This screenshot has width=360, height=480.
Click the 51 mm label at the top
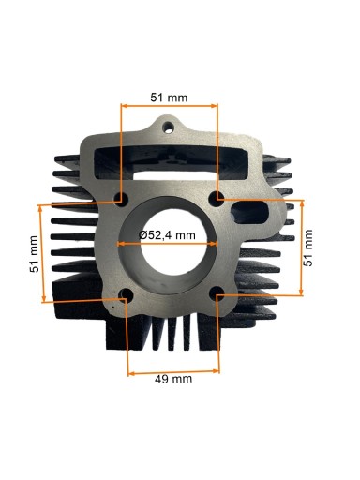(169, 97)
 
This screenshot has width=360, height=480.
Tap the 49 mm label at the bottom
(173, 379)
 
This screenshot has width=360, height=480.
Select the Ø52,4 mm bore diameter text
(167, 235)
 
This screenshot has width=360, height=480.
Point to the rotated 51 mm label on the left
(35, 254)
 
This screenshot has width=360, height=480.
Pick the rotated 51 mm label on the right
(308, 247)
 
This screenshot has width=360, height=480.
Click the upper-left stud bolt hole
(121, 199)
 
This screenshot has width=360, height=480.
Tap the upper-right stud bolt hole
(216, 199)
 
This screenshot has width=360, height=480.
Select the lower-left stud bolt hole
(126, 295)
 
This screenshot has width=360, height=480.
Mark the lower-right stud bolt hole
(217, 293)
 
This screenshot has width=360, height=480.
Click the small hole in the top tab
(169, 127)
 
